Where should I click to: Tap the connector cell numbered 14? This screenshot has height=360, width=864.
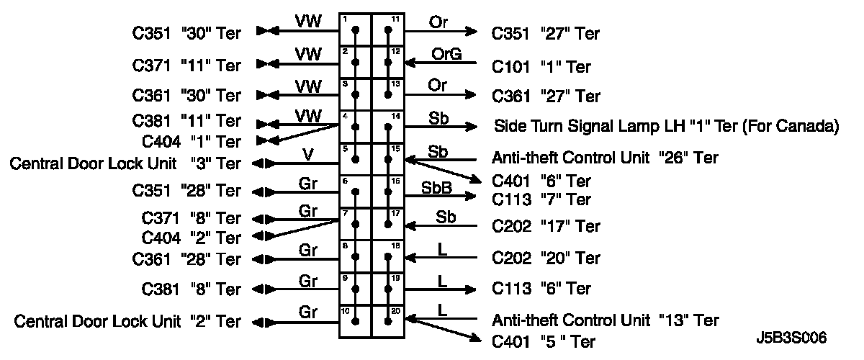(x=388, y=127)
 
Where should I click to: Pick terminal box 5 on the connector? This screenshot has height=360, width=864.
(x=355, y=159)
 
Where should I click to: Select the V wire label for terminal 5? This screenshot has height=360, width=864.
(x=307, y=154)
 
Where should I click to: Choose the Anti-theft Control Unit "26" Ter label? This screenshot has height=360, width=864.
(x=604, y=158)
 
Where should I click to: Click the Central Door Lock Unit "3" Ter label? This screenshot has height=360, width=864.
(x=125, y=163)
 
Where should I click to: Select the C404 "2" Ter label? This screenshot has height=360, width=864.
(x=192, y=237)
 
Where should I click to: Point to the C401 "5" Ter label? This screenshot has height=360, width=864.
(x=543, y=341)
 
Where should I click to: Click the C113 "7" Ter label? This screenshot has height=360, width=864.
(x=541, y=199)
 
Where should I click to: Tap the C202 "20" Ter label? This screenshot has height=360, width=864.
(x=545, y=258)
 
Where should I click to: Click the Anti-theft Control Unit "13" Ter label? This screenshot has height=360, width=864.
(x=605, y=319)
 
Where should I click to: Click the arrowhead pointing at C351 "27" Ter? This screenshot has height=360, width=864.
(x=471, y=31)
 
